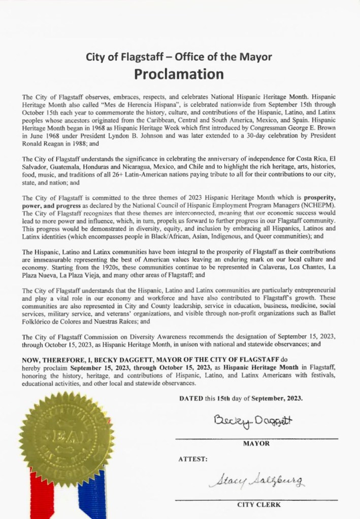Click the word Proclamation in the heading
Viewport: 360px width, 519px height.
tap(179, 74)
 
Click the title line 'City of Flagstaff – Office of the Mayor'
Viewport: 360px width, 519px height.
tap(180, 57)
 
